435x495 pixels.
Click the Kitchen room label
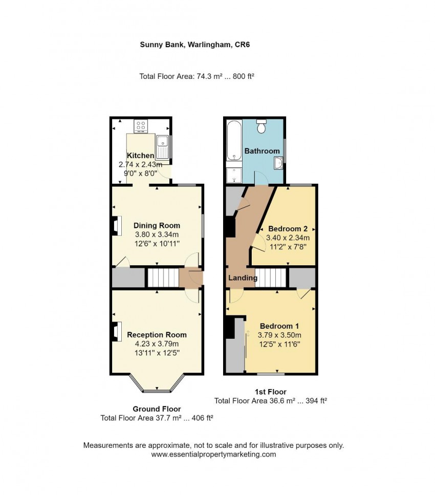[140, 156]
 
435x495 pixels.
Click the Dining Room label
[157, 225]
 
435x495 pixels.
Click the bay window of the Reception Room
[157, 390]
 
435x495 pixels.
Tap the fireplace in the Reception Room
[115, 331]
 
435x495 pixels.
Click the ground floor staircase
[163, 278]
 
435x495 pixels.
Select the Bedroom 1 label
[279, 326]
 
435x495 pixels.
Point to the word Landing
[243, 278]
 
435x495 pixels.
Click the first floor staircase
[271, 278]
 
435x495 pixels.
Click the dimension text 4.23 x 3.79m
[157, 344]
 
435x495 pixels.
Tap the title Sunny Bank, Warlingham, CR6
[195, 45]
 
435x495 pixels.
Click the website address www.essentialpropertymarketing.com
[214, 454]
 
